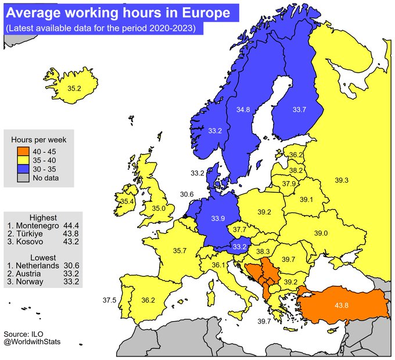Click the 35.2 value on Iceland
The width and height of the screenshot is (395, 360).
(x=74, y=89)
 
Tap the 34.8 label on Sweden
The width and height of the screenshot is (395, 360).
(x=243, y=109)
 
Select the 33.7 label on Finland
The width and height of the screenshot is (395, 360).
(x=299, y=109)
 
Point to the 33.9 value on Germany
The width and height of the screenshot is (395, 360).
(x=218, y=219)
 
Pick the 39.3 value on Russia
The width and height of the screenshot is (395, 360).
(x=342, y=181)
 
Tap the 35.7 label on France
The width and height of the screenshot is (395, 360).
(x=180, y=251)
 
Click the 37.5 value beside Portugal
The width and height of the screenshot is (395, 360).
(x=109, y=300)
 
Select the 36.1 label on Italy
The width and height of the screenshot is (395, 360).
(x=218, y=265)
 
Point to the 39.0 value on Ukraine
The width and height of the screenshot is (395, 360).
(x=321, y=233)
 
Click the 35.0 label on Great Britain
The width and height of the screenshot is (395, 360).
(x=159, y=208)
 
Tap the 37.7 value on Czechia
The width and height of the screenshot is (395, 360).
(x=239, y=230)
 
